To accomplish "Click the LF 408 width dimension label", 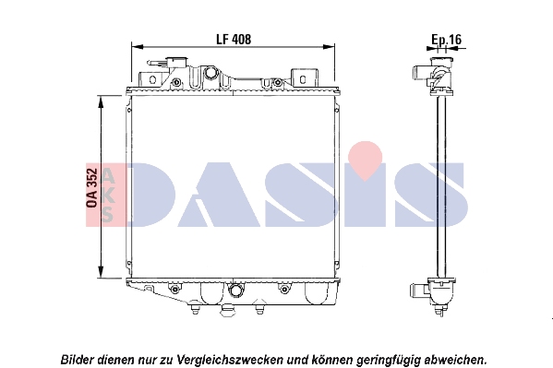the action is [234, 39].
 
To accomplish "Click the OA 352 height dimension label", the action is [91, 187].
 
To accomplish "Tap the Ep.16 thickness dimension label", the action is [447, 39].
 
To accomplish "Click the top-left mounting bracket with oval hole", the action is [152, 79].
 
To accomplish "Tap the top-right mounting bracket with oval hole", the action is [304, 78].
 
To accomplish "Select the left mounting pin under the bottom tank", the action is [194, 309].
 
